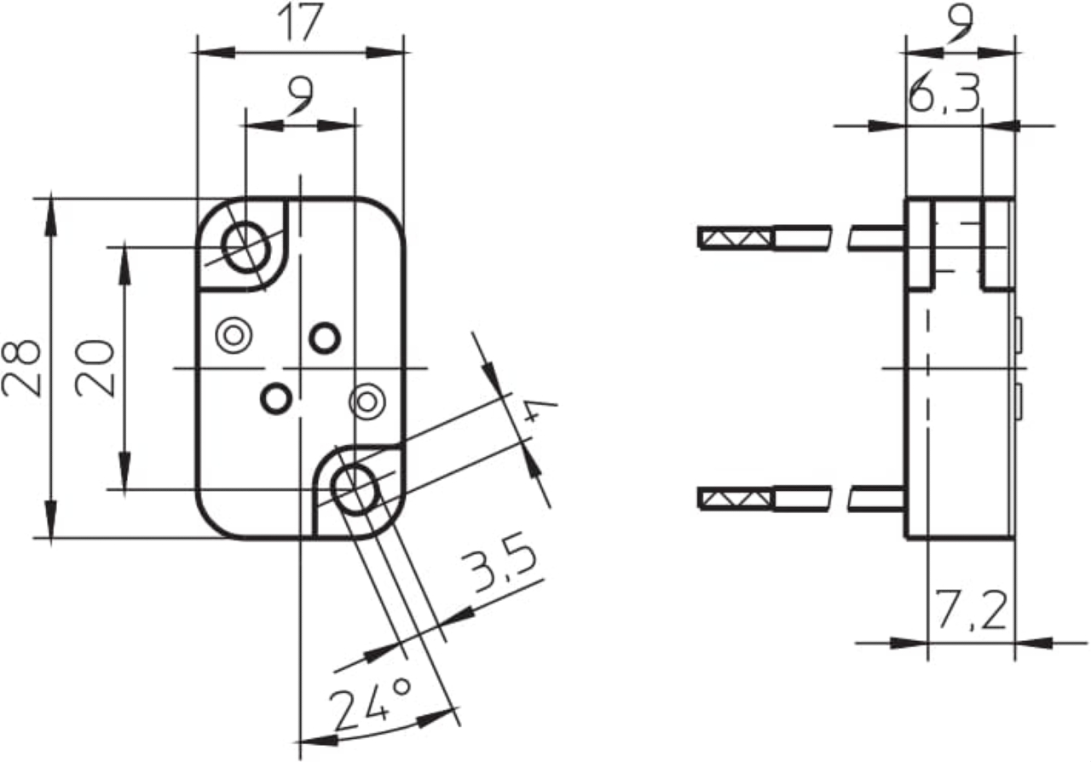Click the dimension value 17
coord(300,22)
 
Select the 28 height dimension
coord(21,368)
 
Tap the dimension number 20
coord(95,368)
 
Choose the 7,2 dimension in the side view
coord(971,610)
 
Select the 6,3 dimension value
coord(944,93)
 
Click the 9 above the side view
coord(960,23)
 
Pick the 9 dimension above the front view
coord(301,96)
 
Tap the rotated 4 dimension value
coord(540,410)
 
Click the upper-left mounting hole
coord(246,247)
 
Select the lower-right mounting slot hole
coord(355,489)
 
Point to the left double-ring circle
coord(234,335)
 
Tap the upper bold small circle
coord(325,338)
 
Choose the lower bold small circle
coord(276,399)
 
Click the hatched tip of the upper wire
coord(736,238)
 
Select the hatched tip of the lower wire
coord(736,499)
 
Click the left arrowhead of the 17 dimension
coord(216,52)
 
